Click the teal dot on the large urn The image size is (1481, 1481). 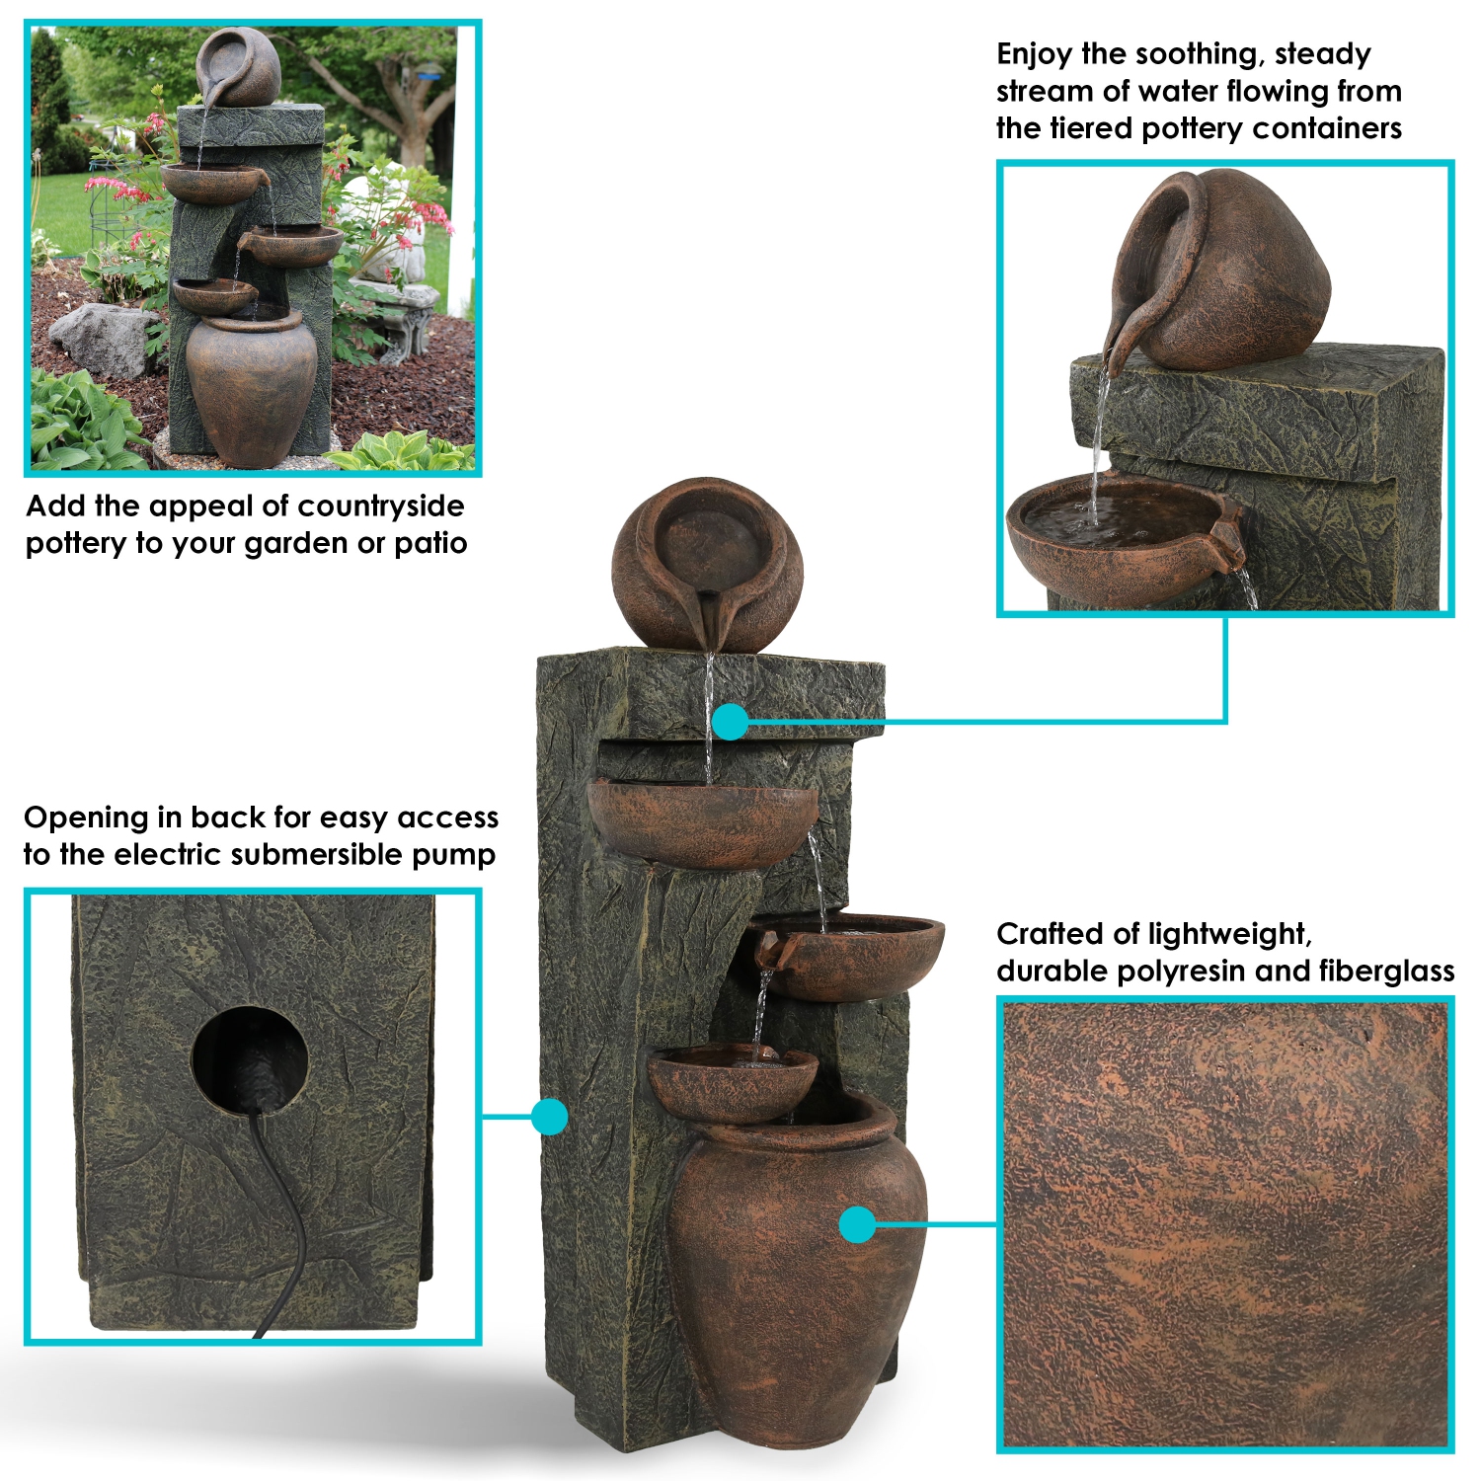858,1225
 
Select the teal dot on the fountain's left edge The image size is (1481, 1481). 549,1117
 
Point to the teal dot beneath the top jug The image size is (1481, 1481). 731,722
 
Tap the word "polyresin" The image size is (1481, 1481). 1182,972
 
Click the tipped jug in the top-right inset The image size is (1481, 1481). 1219,272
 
